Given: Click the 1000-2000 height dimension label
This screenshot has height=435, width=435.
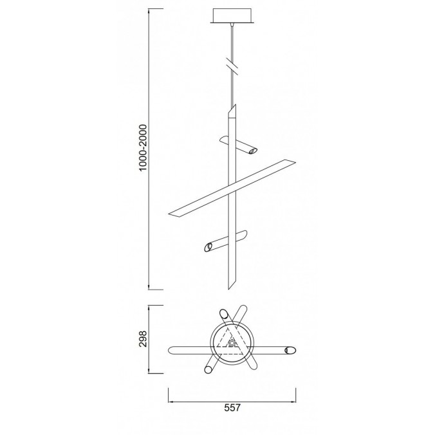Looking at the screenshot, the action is (x=143, y=148).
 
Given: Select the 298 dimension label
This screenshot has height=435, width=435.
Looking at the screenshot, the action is (x=143, y=338).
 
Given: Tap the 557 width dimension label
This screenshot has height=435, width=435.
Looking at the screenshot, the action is (x=232, y=408).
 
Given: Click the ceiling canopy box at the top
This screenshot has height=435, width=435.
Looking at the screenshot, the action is (x=232, y=16).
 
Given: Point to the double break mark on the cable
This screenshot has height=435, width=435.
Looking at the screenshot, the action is (x=232, y=66).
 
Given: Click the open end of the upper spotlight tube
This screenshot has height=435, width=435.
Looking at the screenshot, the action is (x=252, y=151).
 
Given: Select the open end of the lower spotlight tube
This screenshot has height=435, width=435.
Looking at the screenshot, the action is (x=208, y=247).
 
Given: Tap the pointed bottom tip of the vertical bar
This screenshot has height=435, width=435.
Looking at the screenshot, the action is (x=228, y=289).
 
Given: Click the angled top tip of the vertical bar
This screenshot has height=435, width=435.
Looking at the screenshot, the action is (x=236, y=105).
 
